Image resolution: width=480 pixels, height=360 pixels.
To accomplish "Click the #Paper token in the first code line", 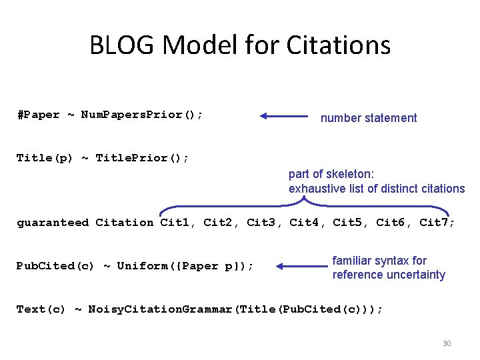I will coord(38,115).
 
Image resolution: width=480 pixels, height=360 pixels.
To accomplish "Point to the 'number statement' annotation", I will coord(369,118).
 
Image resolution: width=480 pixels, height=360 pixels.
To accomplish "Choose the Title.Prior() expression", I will coord(142,158).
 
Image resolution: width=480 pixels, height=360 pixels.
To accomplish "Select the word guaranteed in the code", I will coord(53,223).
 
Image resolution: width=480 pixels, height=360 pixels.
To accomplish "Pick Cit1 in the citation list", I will coord(175,223).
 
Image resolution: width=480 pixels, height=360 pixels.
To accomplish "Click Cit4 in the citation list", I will coord(304,223).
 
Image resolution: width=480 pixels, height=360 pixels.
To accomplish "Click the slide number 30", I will coord(447,343).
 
